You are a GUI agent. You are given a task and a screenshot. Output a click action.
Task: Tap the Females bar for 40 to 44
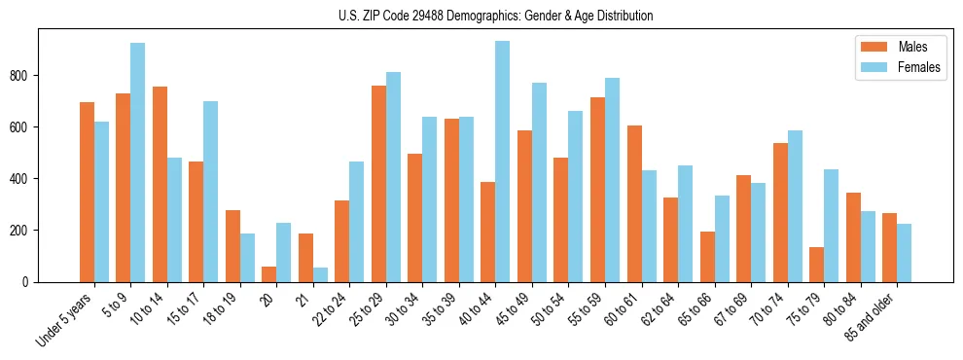[503, 161]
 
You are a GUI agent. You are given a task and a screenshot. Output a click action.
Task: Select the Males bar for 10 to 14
[160, 184]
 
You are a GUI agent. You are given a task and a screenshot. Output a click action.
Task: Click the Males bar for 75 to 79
[816, 265]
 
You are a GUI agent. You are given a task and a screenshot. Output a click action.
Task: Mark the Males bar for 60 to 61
[634, 203]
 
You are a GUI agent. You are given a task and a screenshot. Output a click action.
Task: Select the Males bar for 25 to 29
[378, 184]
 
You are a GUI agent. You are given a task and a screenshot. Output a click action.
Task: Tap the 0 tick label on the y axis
[31, 282]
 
